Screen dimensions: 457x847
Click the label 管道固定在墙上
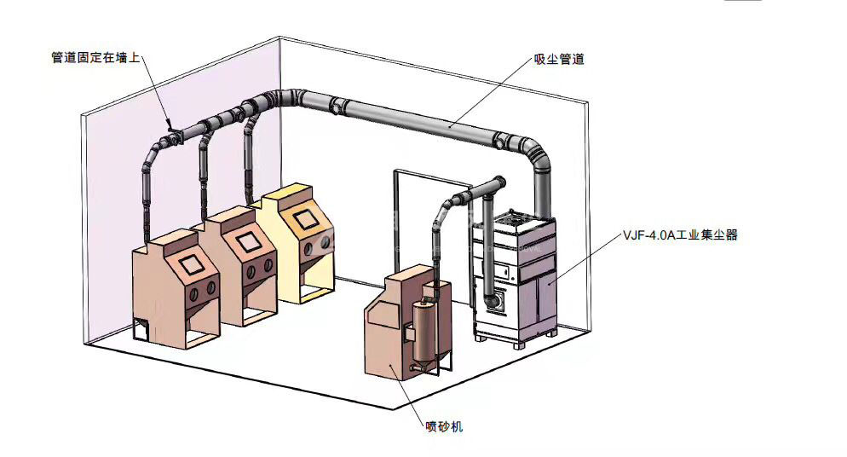tap(95, 59)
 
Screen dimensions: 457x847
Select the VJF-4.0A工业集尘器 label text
tap(678, 235)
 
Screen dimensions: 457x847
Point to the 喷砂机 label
tap(444, 425)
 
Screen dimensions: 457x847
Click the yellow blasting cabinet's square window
tap(302, 219)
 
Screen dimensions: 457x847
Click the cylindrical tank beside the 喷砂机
tap(423, 332)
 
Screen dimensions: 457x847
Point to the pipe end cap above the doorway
tap(499, 182)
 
